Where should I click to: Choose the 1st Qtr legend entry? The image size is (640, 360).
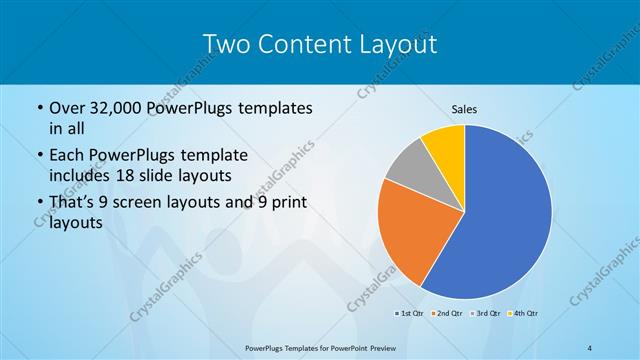coord(409,314)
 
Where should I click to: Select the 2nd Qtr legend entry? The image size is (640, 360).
coord(445,314)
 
